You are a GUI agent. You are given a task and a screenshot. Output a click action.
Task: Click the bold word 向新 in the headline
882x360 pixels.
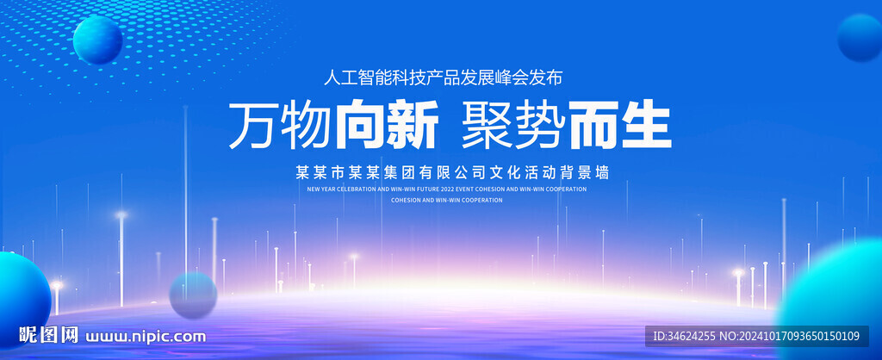tap(386, 125)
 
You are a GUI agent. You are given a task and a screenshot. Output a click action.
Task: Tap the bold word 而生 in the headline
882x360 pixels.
tap(619, 125)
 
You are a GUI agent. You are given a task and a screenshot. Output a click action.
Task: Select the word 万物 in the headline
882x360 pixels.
tap(280, 125)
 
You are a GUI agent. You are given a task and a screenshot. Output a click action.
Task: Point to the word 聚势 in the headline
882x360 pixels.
tap(512, 125)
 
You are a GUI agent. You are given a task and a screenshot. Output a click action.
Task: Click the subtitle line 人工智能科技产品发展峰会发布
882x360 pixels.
tap(443, 78)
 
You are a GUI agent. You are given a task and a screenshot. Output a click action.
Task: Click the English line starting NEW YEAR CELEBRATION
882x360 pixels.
tap(446, 189)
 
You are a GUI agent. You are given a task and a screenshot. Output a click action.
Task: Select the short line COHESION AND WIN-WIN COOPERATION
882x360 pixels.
tap(446, 200)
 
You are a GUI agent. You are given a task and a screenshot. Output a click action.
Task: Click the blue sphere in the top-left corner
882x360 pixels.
tap(97, 40)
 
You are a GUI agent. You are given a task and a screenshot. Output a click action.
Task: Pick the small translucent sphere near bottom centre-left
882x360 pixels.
tap(193, 295)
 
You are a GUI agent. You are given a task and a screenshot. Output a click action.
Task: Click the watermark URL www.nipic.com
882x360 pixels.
tap(147, 335)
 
